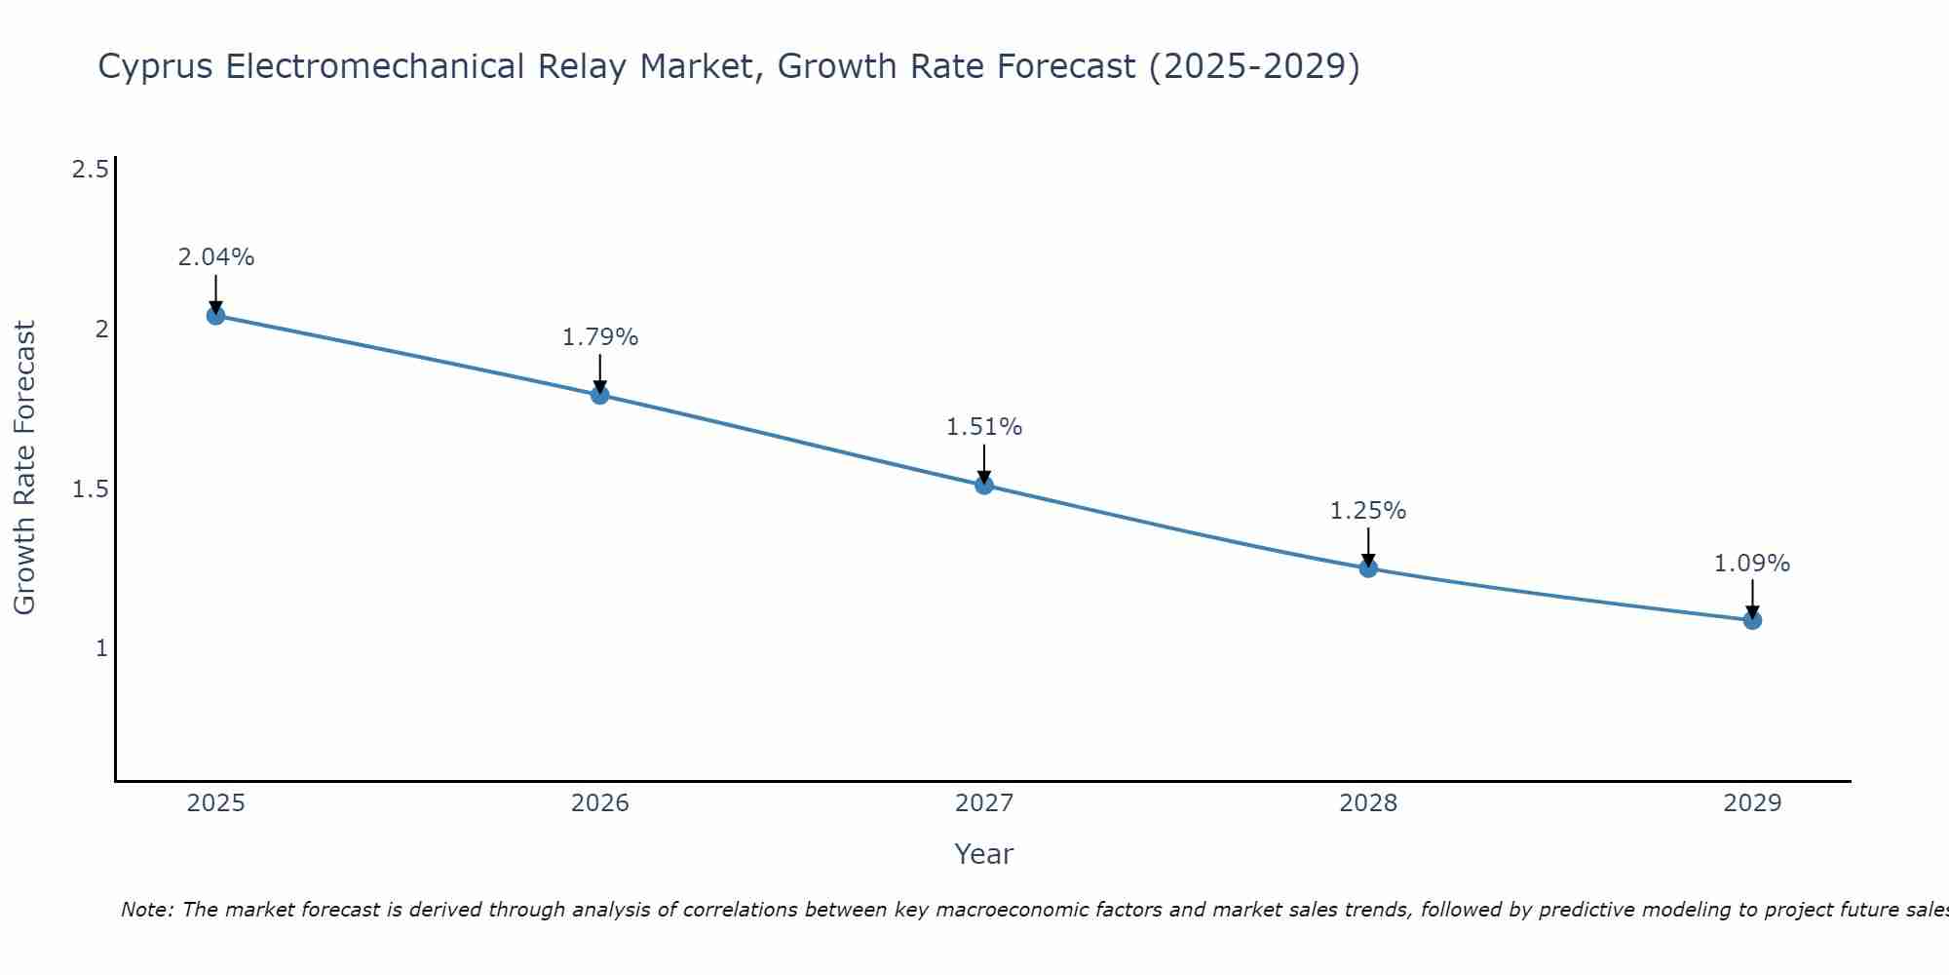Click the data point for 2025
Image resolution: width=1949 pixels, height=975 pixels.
click(x=216, y=316)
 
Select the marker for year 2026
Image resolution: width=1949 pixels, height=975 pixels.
click(x=600, y=395)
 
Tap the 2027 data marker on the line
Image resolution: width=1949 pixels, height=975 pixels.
click(x=984, y=485)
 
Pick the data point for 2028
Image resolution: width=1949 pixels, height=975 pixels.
click(x=1368, y=568)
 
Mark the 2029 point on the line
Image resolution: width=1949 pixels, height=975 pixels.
click(x=1752, y=620)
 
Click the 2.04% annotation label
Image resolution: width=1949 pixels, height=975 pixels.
click(x=216, y=257)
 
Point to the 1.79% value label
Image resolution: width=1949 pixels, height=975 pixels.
click(x=600, y=337)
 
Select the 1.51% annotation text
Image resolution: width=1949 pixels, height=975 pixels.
click(x=984, y=427)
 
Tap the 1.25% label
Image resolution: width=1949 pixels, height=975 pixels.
click(x=1368, y=511)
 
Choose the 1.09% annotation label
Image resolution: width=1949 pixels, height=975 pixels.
click(x=1752, y=564)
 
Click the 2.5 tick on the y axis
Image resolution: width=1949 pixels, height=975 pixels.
click(x=90, y=170)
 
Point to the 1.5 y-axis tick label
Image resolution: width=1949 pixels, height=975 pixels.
click(x=90, y=488)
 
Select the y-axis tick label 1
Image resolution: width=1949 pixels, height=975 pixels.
click(x=101, y=647)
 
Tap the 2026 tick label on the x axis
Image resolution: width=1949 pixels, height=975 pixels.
click(x=600, y=803)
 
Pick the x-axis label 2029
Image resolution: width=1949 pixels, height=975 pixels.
click(x=1752, y=803)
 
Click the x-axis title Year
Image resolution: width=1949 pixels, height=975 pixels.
click(x=984, y=854)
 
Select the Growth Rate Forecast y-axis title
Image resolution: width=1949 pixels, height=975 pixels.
click(x=24, y=468)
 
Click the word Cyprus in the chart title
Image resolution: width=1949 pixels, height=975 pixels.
click(x=156, y=67)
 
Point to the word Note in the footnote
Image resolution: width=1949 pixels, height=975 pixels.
click(x=146, y=910)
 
